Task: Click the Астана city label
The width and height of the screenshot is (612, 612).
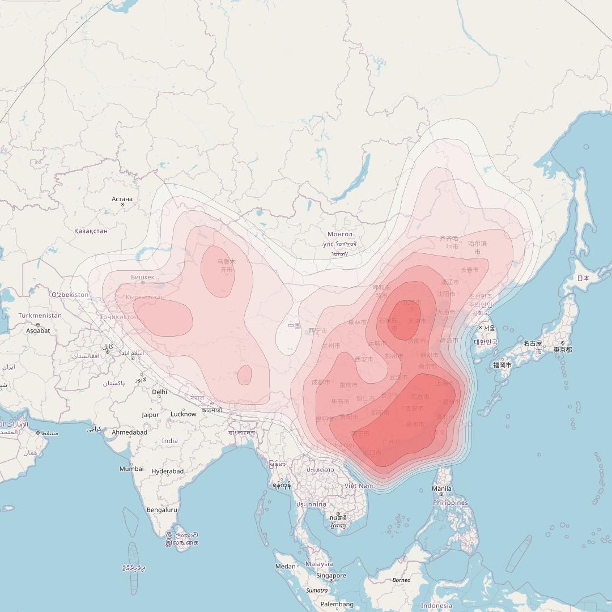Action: [122, 199]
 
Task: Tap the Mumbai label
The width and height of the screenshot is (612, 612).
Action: [131, 469]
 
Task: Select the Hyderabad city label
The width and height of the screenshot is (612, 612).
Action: [168, 471]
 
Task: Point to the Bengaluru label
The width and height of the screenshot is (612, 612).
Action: [161, 510]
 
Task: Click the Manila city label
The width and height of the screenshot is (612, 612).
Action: [442, 488]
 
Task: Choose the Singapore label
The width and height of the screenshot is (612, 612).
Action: [331, 576]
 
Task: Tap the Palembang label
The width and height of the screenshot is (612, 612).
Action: [337, 605]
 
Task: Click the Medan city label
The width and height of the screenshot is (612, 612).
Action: [286, 567]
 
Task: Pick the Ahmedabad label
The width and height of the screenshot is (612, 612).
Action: [129, 432]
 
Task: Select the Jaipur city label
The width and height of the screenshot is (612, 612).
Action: [150, 415]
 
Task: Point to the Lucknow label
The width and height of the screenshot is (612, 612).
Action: [184, 414]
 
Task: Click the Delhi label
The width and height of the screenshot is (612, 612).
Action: [159, 392]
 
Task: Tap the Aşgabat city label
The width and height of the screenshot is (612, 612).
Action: [38, 330]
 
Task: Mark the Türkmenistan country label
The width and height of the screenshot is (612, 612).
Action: [40, 316]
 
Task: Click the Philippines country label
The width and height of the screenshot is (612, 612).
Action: [451, 503]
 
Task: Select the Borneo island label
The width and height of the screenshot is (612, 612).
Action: [401, 580]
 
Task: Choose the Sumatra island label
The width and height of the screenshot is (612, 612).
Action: [317, 590]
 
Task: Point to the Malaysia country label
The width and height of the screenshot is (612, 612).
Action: [319, 564]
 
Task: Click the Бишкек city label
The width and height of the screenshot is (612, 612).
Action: [142, 277]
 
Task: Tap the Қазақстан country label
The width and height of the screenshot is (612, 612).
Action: [91, 231]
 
